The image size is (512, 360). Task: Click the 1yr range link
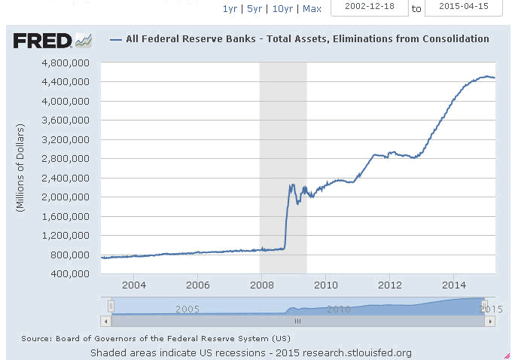click(x=230, y=9)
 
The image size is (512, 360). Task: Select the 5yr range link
click(x=254, y=9)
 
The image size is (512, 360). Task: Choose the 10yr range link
click(x=282, y=9)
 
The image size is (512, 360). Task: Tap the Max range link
click(x=312, y=9)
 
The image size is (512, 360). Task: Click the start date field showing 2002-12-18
click(x=369, y=8)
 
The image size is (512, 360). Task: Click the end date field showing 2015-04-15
click(x=462, y=8)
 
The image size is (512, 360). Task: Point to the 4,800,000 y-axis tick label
click(x=69, y=63)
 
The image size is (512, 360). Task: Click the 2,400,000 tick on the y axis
click(x=69, y=178)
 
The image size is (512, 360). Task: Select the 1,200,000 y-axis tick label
click(x=69, y=235)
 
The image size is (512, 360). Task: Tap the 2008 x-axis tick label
click(x=261, y=285)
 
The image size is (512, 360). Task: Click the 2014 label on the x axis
click(x=453, y=285)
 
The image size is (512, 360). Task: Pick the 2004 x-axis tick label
click(x=133, y=285)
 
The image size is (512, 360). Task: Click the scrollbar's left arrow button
click(x=106, y=321)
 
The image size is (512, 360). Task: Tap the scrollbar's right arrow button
click(x=490, y=321)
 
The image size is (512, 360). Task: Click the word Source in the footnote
click(x=35, y=338)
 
